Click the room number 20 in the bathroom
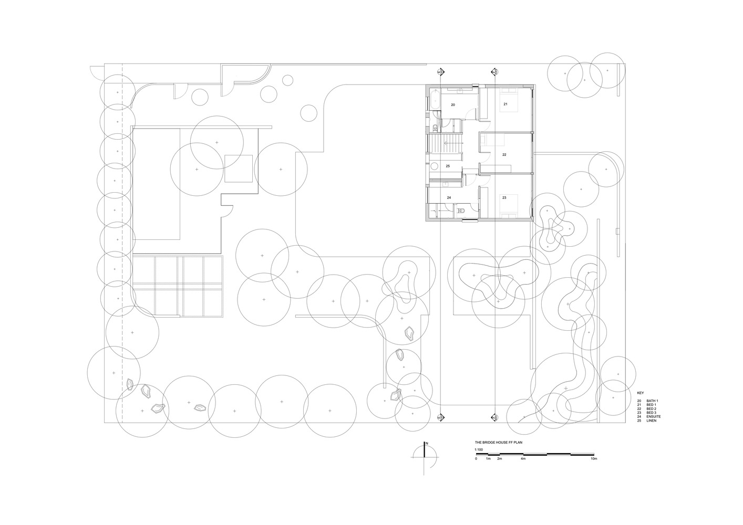coord(452,105)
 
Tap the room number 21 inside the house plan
coord(505,104)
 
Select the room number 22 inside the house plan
coord(504,155)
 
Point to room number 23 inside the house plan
coord(504,197)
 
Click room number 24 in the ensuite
coord(449,197)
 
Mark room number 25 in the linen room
coord(448,166)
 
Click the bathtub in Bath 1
coord(434,100)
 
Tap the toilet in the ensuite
coord(461,211)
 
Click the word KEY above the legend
coord(640,393)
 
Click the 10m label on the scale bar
coord(594,459)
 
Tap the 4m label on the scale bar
coord(523,459)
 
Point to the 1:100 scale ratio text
coord(478,449)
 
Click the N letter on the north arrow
coord(427,444)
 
